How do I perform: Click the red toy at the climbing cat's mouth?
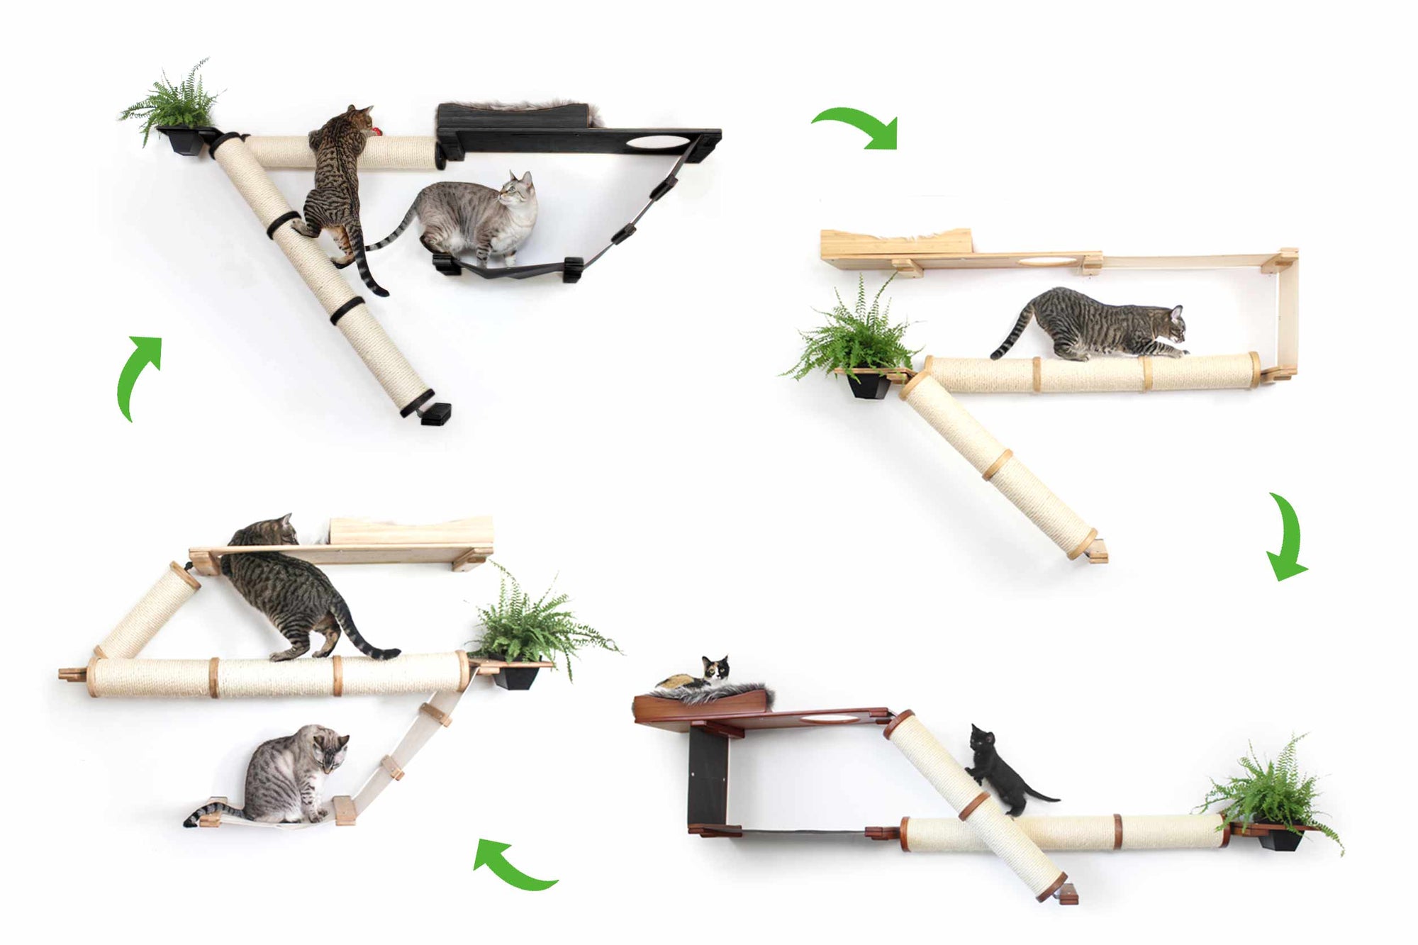click(x=378, y=131)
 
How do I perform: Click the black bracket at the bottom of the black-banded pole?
click(x=435, y=413)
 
